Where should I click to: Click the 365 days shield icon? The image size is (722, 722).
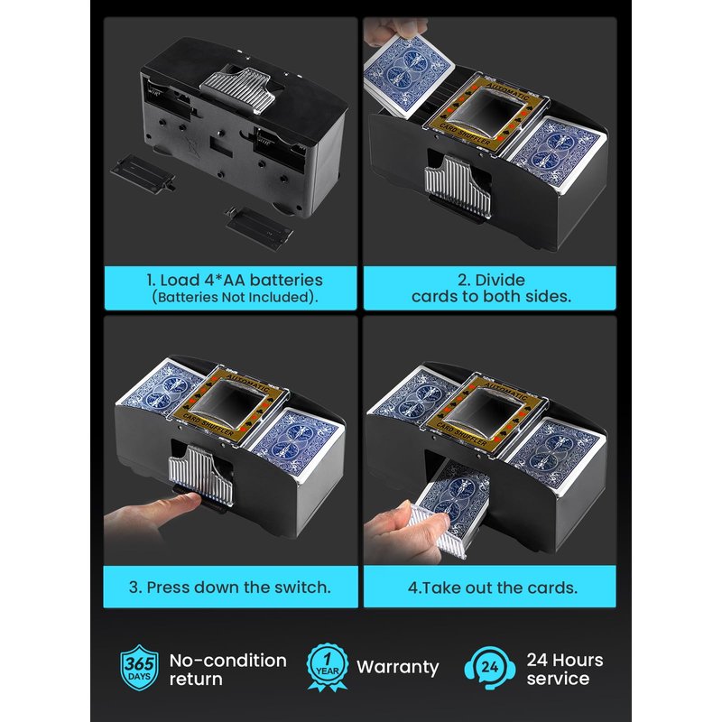pos(139,668)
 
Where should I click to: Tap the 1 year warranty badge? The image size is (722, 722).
pos(328,667)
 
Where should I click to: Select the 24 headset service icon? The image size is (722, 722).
pos(490,668)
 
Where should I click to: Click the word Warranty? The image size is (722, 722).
pos(398,667)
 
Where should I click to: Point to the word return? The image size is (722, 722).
pos(196,680)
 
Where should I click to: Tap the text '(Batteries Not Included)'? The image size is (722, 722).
pos(235,297)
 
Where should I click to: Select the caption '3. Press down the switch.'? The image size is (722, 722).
pos(230,588)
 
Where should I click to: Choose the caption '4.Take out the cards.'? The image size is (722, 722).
pos(492,588)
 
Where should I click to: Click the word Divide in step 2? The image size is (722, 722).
pos(500,280)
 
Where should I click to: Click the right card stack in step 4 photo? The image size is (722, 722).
pos(556,456)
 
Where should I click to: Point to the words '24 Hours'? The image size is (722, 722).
pos(565,660)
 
